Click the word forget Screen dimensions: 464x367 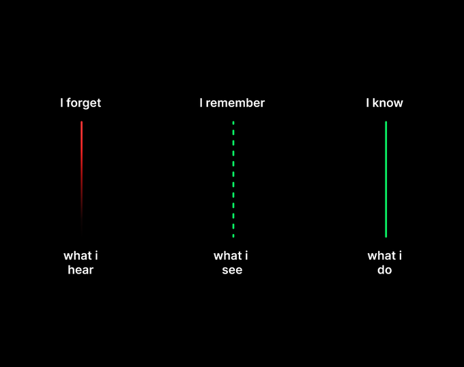[x=84, y=103]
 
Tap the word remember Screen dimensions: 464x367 [x=235, y=103]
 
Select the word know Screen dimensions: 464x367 [x=388, y=103]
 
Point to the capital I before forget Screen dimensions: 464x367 [x=61, y=103]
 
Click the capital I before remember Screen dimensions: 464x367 [x=201, y=103]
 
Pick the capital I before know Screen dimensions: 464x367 [x=368, y=103]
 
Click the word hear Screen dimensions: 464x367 [x=81, y=269]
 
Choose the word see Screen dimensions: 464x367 [x=232, y=270]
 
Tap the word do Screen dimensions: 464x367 [x=385, y=269]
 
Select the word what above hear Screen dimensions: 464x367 [x=78, y=256]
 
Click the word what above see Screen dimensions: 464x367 [x=227, y=256]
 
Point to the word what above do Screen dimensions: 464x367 [x=381, y=256]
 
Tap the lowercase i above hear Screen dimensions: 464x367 [x=96, y=256]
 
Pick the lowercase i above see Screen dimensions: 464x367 [x=246, y=256]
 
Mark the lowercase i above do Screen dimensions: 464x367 [x=401, y=256]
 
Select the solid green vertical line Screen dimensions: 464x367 [x=386, y=179]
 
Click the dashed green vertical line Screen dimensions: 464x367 [x=233, y=179]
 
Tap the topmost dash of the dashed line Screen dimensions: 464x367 [x=233, y=123]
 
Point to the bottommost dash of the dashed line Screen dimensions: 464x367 [x=233, y=236]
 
